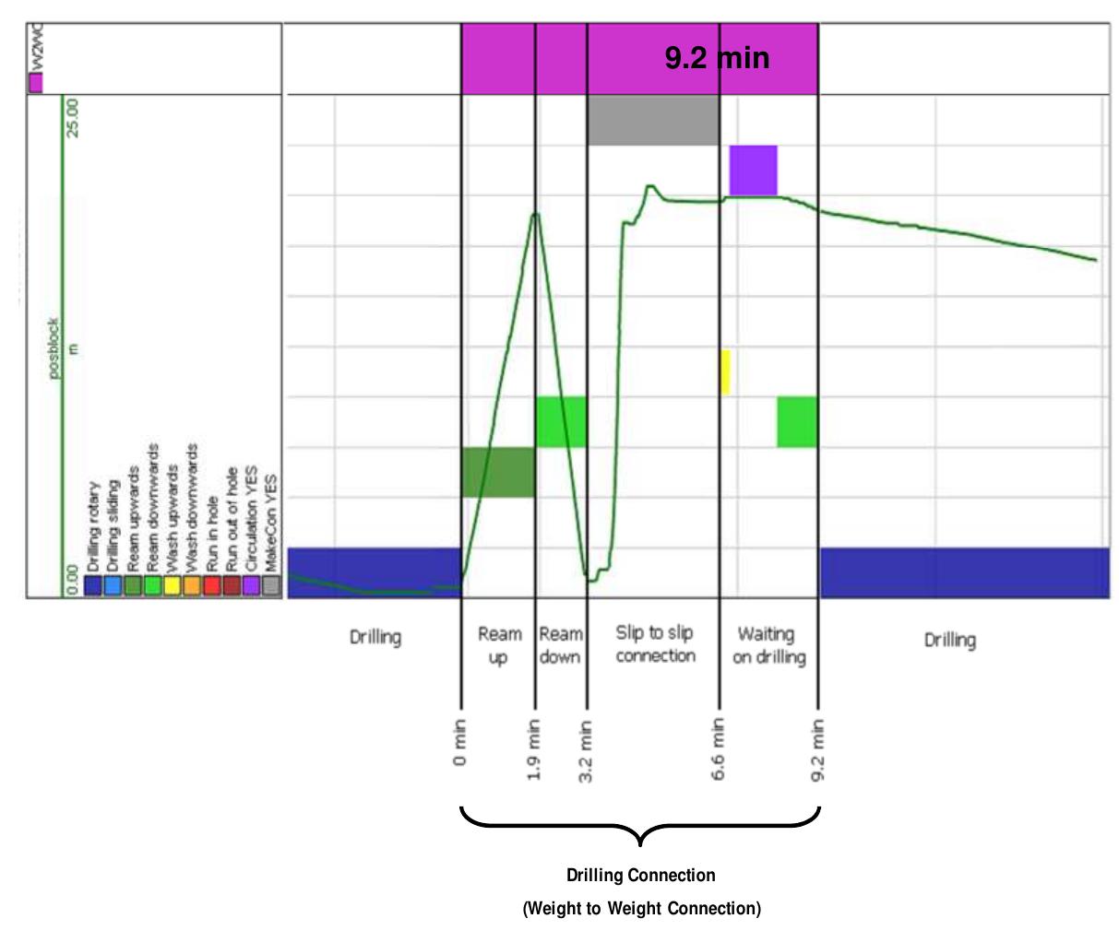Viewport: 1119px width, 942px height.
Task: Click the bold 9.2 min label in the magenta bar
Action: coord(717,59)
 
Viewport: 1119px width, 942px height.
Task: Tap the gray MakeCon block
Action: coord(653,120)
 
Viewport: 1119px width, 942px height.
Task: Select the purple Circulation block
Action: coord(753,170)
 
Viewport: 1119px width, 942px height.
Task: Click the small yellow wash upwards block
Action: coord(725,372)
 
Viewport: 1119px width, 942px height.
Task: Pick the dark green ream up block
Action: coord(498,472)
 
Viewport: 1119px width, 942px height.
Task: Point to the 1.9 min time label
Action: coord(535,748)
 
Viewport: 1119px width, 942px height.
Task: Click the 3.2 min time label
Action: coord(587,748)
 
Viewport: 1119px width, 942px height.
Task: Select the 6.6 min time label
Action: coord(720,748)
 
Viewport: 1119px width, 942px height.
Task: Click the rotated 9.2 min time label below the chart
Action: coord(819,748)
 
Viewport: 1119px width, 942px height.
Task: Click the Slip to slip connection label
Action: coord(655,644)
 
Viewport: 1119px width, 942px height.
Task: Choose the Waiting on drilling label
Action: coord(769,645)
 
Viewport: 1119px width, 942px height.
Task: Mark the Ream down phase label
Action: coord(560,645)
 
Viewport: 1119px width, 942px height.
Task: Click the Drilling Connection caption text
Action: coord(641,875)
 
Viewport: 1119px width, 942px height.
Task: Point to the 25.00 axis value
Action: coord(75,116)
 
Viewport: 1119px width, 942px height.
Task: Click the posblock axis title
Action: coord(54,347)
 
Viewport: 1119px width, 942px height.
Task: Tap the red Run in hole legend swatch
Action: coord(211,585)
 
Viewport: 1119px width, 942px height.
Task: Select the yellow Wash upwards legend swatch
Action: coord(172,585)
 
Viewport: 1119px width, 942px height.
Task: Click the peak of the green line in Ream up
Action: coord(534,214)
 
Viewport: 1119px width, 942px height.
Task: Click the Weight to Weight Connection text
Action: coord(642,909)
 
